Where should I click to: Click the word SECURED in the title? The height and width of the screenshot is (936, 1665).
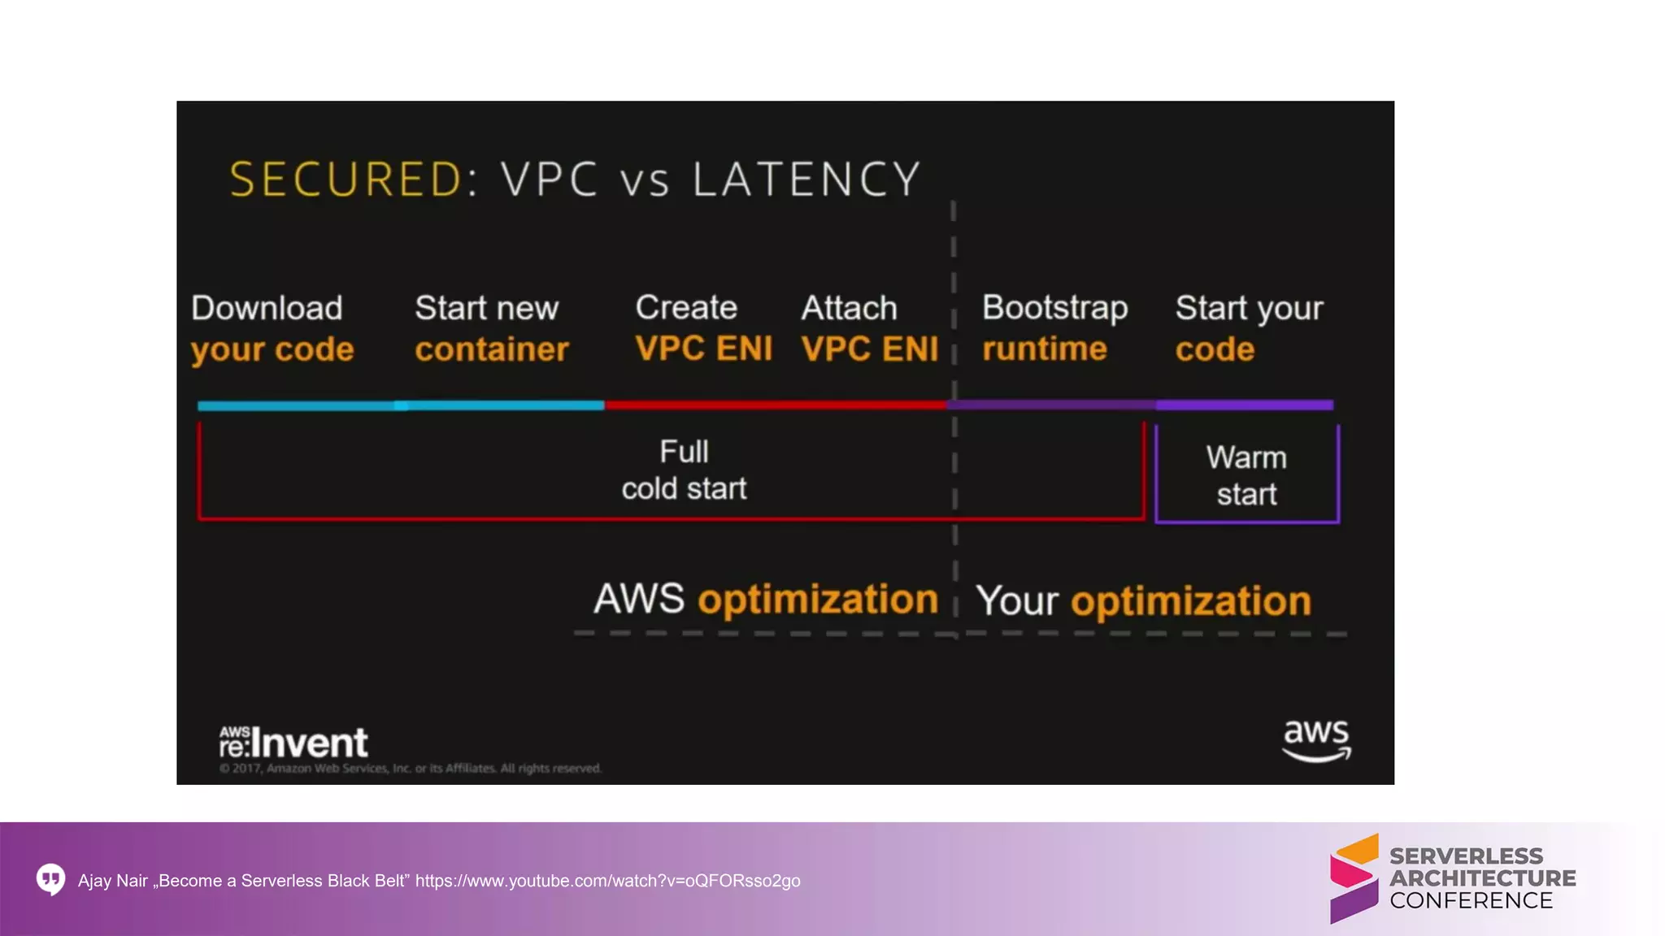[x=346, y=179]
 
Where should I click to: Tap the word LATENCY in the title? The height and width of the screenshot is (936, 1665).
[x=806, y=179]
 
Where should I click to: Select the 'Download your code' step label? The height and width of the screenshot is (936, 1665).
[x=272, y=328]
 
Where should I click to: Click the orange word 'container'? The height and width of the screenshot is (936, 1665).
[x=492, y=349]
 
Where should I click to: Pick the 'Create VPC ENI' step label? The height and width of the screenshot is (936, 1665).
[x=703, y=328]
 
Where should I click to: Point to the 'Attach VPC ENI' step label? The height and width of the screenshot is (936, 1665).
[x=869, y=328]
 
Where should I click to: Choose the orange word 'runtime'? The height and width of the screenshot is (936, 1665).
[x=1045, y=349]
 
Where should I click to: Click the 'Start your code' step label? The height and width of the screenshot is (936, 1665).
[x=1249, y=328]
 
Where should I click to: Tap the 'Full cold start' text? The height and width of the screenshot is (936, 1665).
[x=684, y=470]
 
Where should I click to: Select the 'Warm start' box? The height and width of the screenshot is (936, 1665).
[x=1246, y=475]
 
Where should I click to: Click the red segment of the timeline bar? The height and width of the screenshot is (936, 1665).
[x=775, y=405]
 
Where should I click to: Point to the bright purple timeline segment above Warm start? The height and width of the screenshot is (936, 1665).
[x=1245, y=405]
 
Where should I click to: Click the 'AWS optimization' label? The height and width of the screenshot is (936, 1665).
[x=766, y=600]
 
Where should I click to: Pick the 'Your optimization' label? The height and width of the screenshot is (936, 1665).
[x=1143, y=601]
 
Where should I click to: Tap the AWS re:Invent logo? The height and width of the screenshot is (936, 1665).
[x=293, y=742]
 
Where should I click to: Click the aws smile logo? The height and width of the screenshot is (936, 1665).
[x=1316, y=739]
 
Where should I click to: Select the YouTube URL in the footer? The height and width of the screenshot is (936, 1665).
[x=607, y=881]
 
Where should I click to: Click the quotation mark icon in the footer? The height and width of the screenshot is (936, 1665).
[x=50, y=879]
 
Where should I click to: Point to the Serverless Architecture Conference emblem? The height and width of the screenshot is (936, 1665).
[x=1354, y=878]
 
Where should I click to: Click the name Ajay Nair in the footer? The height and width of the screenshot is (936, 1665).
[x=113, y=881]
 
